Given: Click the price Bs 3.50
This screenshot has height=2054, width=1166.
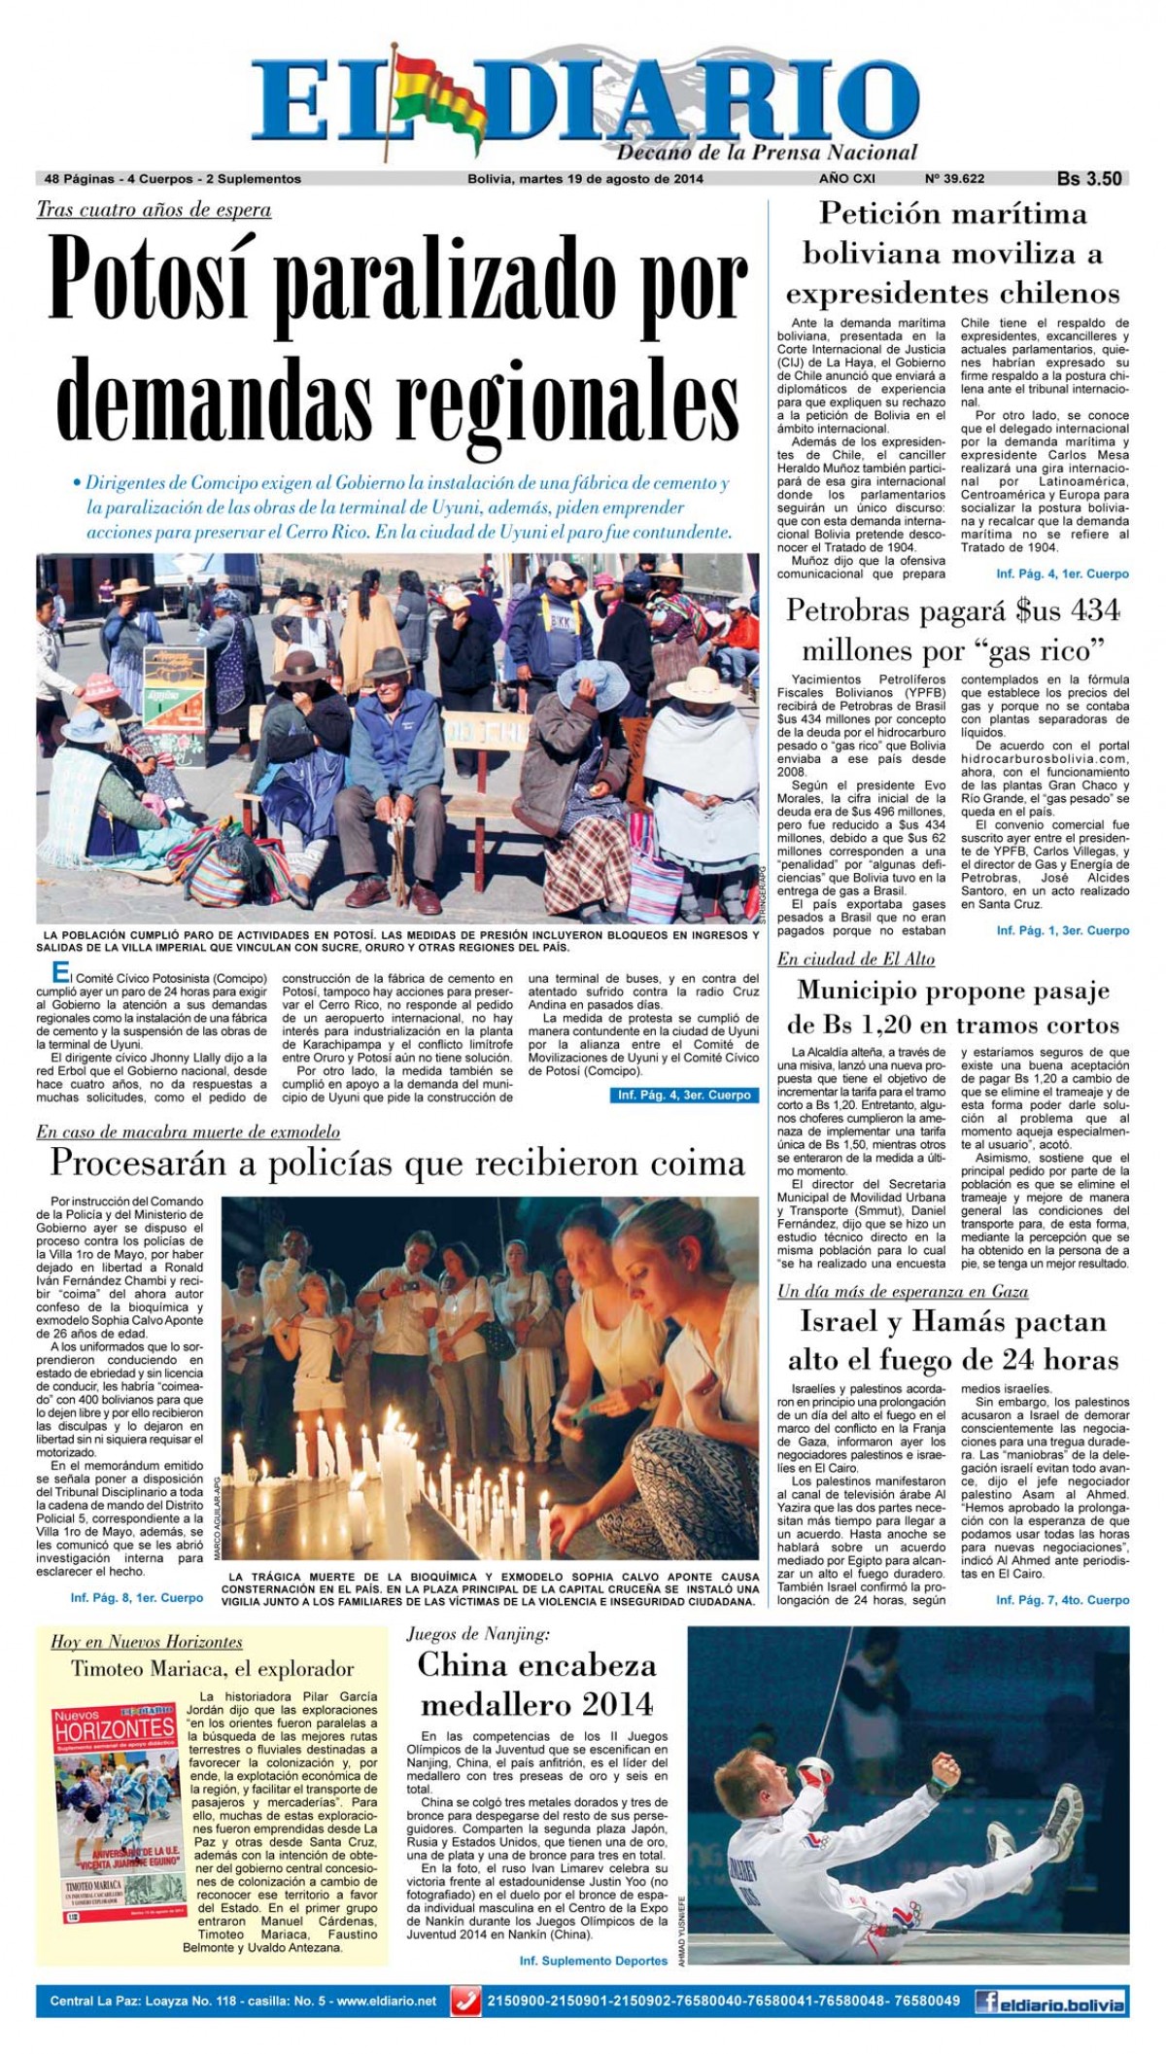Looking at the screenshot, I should (1089, 179).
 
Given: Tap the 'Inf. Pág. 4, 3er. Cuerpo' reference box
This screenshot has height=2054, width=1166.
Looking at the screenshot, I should (683, 1095).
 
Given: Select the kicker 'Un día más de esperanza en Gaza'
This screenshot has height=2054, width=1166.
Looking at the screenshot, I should (903, 1291).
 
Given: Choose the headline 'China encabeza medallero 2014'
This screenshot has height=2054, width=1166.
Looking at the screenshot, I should (536, 1684).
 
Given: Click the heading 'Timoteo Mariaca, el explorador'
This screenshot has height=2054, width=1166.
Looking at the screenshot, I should (212, 1669).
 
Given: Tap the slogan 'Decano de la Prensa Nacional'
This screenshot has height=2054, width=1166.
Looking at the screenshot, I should (767, 153).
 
